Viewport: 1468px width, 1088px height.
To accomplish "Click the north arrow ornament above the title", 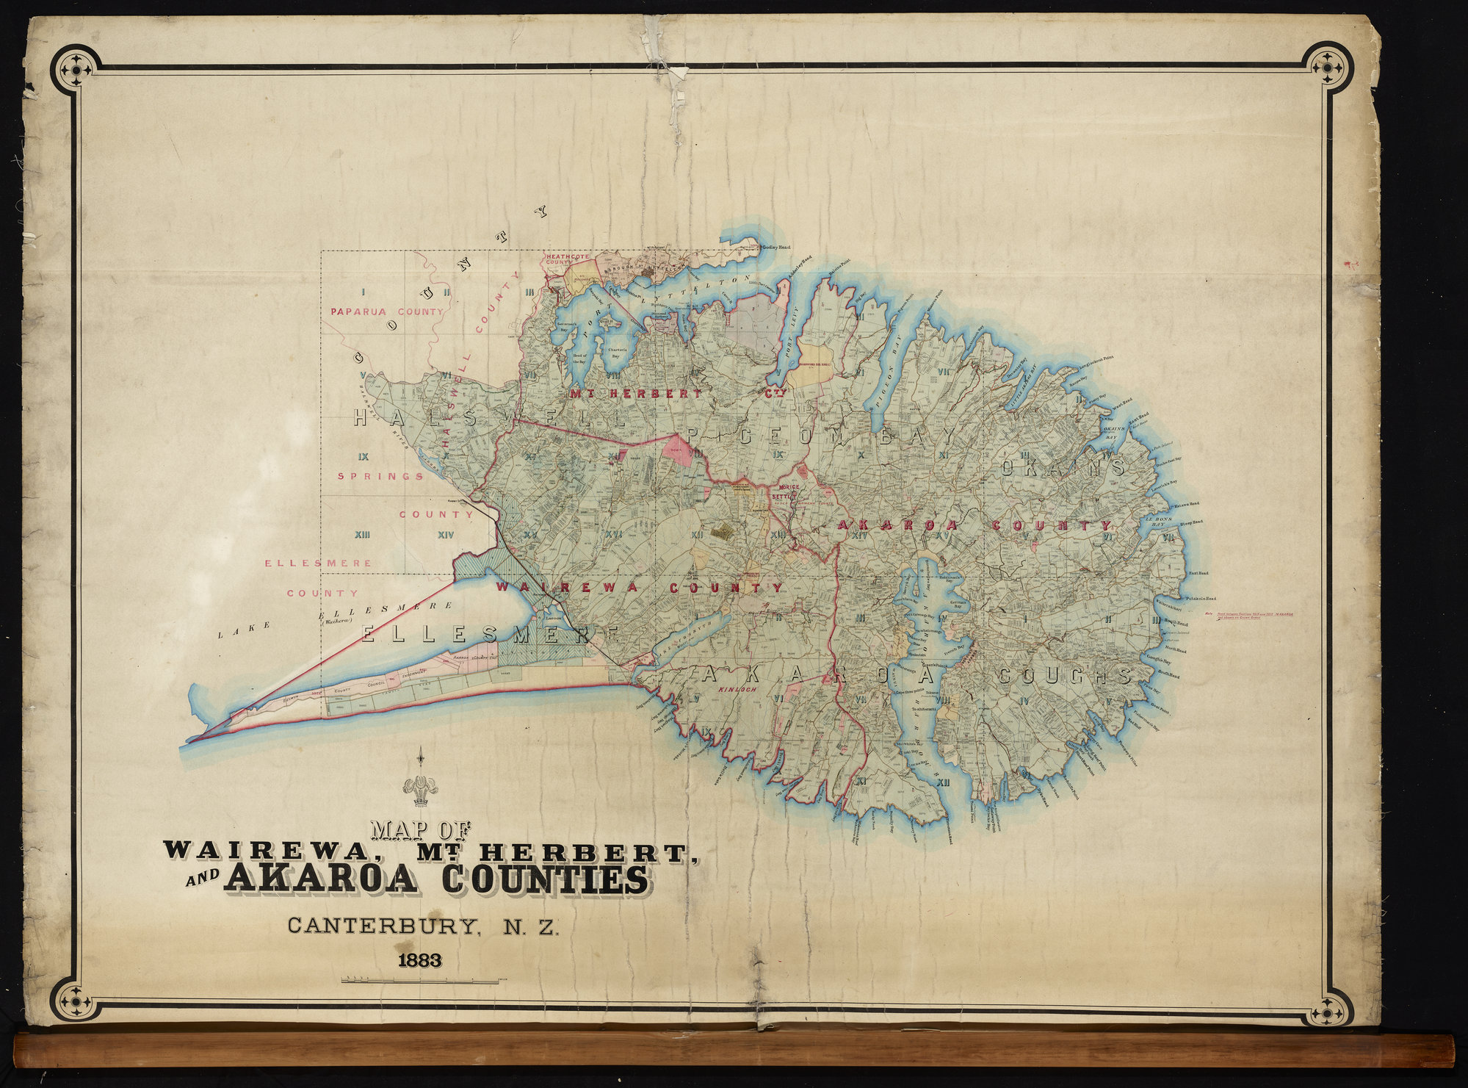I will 421,782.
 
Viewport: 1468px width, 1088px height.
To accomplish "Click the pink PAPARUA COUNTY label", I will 387,311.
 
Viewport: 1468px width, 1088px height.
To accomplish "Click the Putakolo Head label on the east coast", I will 1200,598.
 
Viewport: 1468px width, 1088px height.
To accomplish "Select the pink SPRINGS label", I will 380,476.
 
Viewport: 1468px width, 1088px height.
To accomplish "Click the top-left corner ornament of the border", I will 76,69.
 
